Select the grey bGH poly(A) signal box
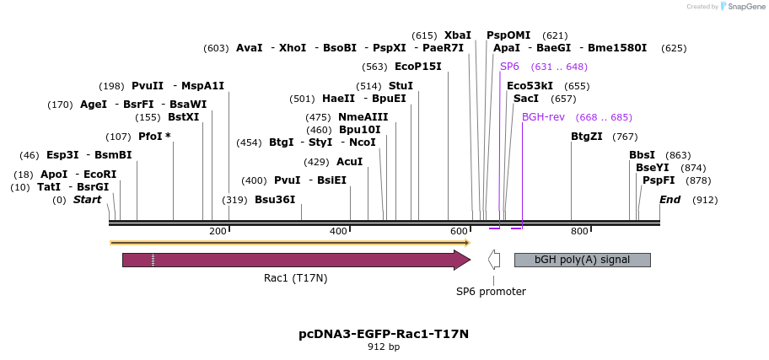[x=582, y=260]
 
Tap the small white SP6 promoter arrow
[x=494, y=260]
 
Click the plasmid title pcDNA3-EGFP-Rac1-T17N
[x=384, y=334]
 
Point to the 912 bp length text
[x=384, y=347]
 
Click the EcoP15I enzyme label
[x=417, y=67]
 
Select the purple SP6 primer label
[x=509, y=67]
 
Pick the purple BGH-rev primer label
[x=543, y=117]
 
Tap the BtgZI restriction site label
[x=586, y=137]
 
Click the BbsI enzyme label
[x=642, y=155]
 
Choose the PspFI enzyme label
[x=659, y=180]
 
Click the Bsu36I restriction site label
[x=275, y=200]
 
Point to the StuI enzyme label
[x=401, y=86]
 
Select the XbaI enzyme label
[x=458, y=35]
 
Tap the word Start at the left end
[x=87, y=200]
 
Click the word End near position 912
[x=670, y=200]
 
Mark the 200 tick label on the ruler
[x=218, y=231]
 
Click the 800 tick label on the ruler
[x=579, y=231]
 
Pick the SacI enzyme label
[x=526, y=99]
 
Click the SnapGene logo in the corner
[x=739, y=7]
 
